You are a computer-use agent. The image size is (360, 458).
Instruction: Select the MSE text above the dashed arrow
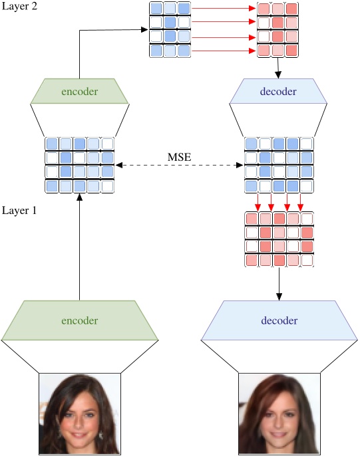pos(178,157)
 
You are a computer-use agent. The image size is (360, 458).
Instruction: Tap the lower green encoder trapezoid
pos(79,320)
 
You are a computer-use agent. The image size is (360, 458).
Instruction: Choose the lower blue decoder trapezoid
pos(279,320)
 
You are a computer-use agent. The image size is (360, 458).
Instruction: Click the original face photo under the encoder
pos(79,414)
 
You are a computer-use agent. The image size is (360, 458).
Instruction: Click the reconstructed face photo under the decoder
pos(279,414)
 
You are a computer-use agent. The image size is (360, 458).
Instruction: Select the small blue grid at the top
pos(170,29)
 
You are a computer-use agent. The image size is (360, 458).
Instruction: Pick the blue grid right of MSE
pos(279,165)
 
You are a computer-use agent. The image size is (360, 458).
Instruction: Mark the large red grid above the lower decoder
pos(279,240)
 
